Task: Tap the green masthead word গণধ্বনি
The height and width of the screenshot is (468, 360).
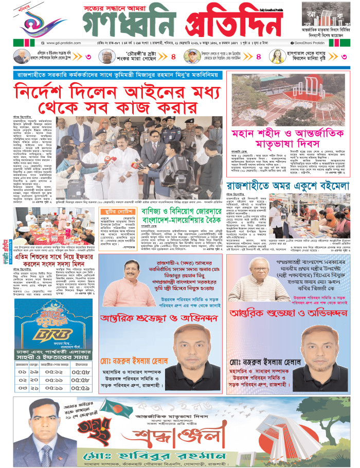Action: pos(130,24)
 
